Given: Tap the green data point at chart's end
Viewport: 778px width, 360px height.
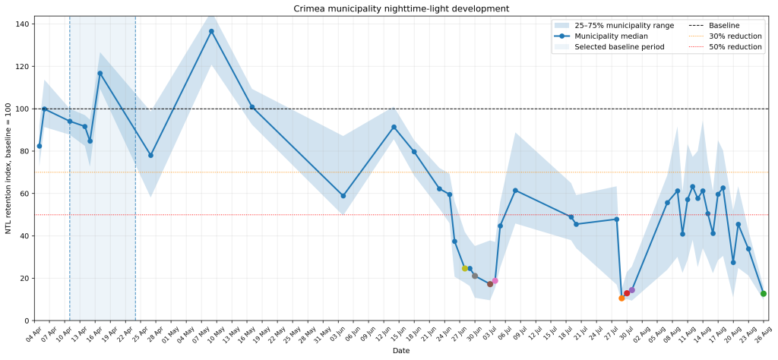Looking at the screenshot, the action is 763,294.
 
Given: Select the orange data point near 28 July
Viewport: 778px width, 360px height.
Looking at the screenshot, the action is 621,298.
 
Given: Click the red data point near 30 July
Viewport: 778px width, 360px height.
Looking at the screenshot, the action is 627,293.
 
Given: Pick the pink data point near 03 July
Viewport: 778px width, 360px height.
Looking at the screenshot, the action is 495,281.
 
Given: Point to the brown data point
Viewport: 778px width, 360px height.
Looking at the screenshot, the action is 490,284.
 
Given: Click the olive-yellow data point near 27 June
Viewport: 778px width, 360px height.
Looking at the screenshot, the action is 465,268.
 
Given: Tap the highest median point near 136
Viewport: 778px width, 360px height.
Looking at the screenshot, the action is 211,31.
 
